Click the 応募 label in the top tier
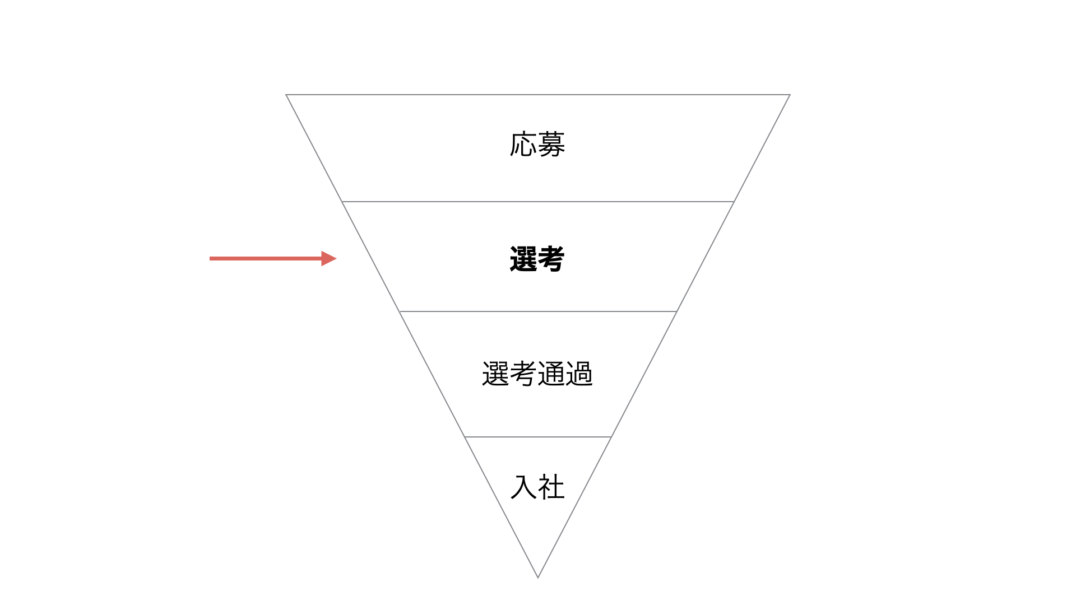click(x=537, y=145)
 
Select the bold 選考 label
click(x=537, y=259)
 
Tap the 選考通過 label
click(x=537, y=374)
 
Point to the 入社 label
click(x=537, y=487)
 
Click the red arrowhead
click(x=329, y=258)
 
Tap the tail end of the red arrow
click(x=210, y=258)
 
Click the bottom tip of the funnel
click(x=538, y=578)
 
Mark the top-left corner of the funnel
click(x=286, y=95)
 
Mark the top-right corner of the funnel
click(x=790, y=95)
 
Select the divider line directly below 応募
click(x=538, y=202)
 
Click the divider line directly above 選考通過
click(x=538, y=311)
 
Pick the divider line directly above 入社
click(x=538, y=437)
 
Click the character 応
click(x=523, y=145)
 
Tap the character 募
click(x=551, y=145)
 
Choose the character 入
click(x=523, y=487)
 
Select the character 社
click(x=551, y=487)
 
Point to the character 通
click(x=551, y=374)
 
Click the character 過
click(x=579, y=374)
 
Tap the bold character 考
click(x=551, y=259)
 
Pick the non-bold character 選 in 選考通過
click(x=495, y=374)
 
